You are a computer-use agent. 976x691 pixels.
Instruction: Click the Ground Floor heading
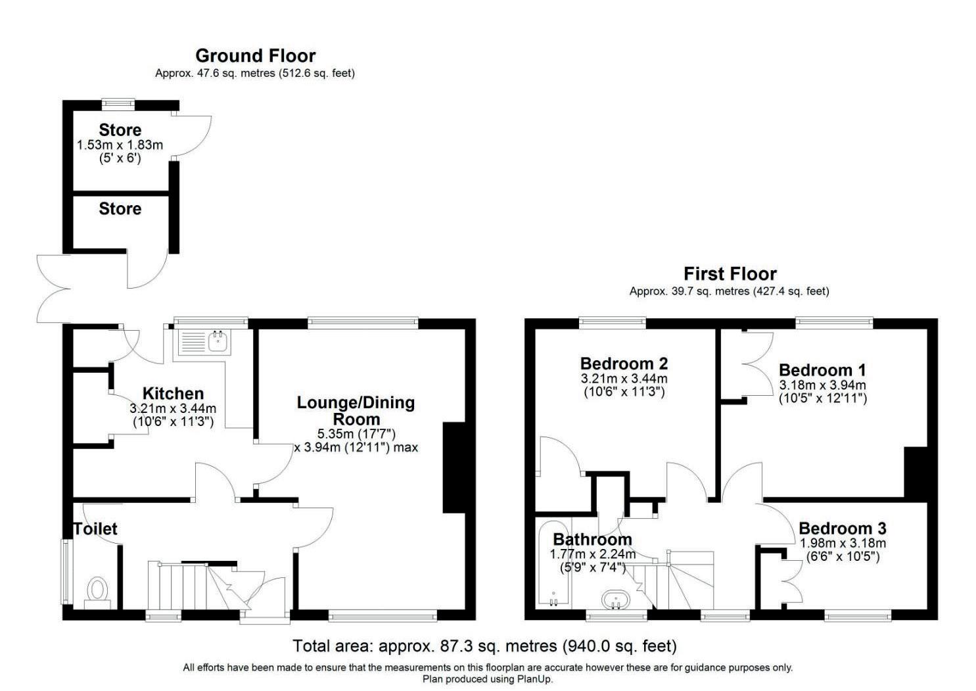pyautogui.click(x=255, y=56)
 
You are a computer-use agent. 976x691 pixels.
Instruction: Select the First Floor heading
pyautogui.click(x=730, y=274)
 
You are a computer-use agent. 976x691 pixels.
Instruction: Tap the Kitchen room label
pyautogui.click(x=174, y=393)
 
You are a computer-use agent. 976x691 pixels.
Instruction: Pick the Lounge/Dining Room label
pyautogui.click(x=356, y=411)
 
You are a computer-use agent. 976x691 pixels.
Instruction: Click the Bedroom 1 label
pyautogui.click(x=822, y=370)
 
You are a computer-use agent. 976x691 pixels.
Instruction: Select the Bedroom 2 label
pyautogui.click(x=624, y=363)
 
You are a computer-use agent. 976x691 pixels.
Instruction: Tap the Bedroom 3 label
pyautogui.click(x=843, y=529)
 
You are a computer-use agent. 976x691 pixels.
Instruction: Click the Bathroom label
pyautogui.click(x=593, y=539)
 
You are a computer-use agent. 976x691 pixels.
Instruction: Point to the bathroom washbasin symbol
pyautogui.click(x=616, y=600)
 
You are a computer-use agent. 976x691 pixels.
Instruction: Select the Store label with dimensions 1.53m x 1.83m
pyautogui.click(x=120, y=130)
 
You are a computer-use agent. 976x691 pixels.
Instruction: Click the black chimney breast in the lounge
pyautogui.click(x=455, y=467)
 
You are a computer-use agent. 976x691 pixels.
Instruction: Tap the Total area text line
pyautogui.click(x=484, y=646)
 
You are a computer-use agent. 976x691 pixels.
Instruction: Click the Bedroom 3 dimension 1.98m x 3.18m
pyautogui.click(x=843, y=543)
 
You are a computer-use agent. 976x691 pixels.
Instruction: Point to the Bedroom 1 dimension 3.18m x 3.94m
pyautogui.click(x=822, y=385)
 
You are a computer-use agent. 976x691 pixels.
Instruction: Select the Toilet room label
pyautogui.click(x=95, y=529)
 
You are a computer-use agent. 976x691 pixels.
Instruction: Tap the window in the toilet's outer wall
pyautogui.click(x=66, y=572)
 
